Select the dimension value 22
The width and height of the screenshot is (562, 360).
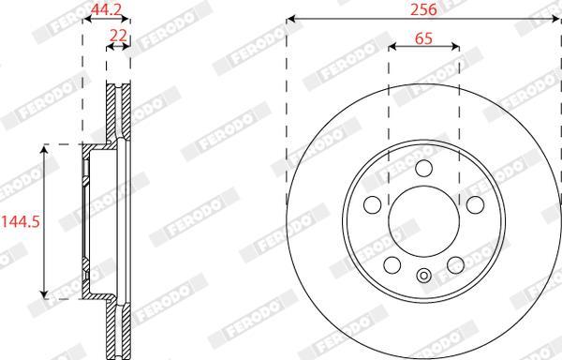(118, 36)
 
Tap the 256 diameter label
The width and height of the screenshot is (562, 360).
(423, 9)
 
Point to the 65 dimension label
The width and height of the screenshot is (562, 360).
(423, 38)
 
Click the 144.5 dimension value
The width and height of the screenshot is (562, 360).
(21, 222)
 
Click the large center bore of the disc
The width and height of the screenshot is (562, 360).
(424, 221)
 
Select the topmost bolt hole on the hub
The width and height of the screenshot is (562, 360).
(424, 169)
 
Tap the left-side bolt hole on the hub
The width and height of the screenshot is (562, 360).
(373, 204)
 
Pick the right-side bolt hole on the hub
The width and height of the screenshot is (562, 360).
(475, 204)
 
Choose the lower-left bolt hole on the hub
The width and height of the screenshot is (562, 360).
(392, 265)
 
